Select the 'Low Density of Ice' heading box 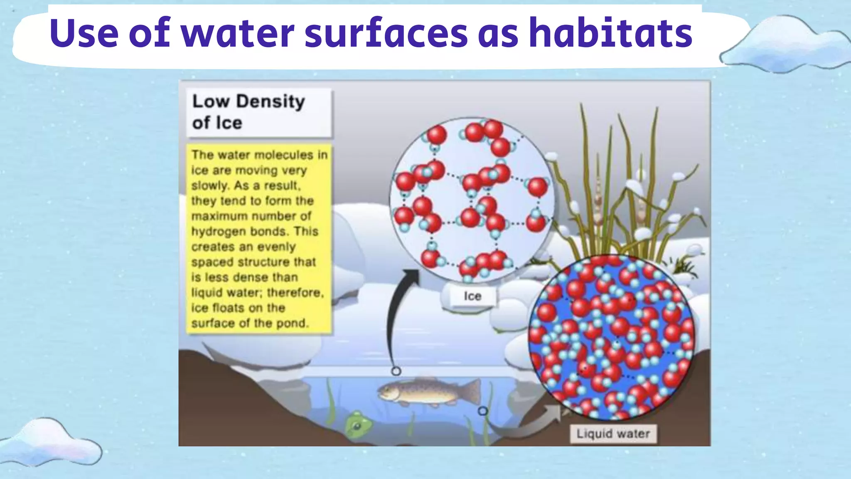coord(259,112)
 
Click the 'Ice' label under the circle coord(472,296)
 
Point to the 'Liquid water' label coord(613,434)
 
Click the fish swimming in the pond coord(428,392)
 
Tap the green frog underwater coord(358,424)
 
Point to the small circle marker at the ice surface coord(396,371)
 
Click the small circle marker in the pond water coord(482,411)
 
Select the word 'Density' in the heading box coord(271,101)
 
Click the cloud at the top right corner coord(785,46)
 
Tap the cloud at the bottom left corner coord(52,443)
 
